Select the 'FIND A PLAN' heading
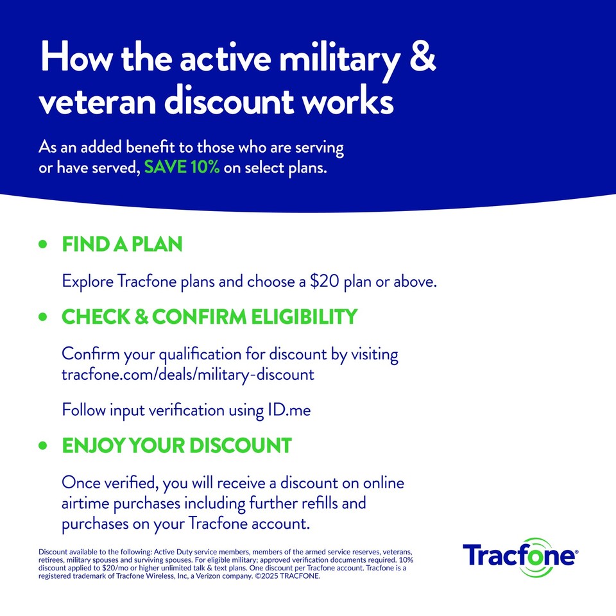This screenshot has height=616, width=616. (122, 244)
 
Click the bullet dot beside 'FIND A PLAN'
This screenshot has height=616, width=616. (44, 244)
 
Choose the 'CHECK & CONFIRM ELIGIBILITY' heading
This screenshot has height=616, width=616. (209, 317)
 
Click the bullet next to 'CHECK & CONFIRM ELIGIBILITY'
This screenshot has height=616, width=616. (44, 317)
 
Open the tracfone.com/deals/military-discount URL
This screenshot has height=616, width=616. (188, 375)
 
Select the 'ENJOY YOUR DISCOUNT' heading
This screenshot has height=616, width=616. (176, 445)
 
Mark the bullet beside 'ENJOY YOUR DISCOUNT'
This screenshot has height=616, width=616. (44, 445)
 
